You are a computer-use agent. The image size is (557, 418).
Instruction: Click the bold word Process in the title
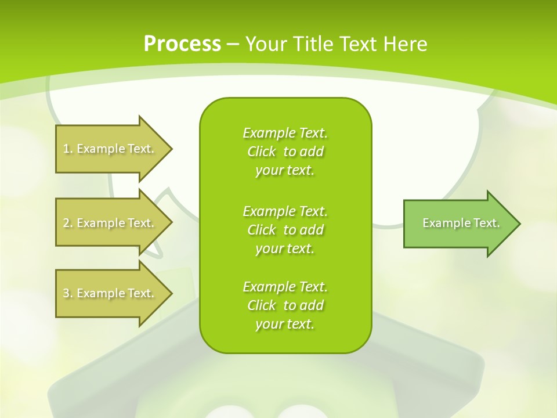pyautogui.click(x=182, y=44)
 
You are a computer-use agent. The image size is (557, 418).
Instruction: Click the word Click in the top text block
pyautogui.click(x=261, y=152)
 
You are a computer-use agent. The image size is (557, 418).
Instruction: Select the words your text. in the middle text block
pyautogui.click(x=285, y=248)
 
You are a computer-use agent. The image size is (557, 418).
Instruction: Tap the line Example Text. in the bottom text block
pyautogui.click(x=285, y=287)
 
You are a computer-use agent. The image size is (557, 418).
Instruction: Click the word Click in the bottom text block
pyautogui.click(x=261, y=305)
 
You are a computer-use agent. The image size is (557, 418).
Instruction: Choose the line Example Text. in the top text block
pyautogui.click(x=285, y=133)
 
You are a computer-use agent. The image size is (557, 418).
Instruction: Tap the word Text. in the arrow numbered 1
pyautogui.click(x=140, y=149)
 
